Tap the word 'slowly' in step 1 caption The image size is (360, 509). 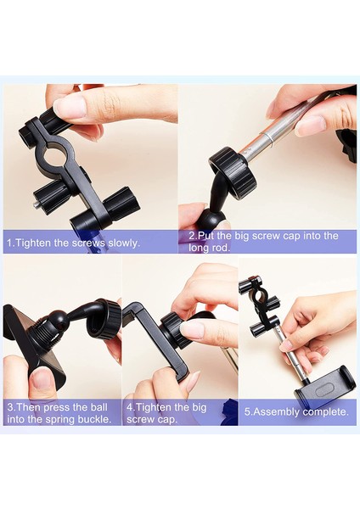coord(122,243)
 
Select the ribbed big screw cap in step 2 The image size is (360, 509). coord(231,171)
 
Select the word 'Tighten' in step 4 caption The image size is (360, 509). coord(152,407)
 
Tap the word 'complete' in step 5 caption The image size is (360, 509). coord(324,412)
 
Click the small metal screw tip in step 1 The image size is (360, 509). coord(37,205)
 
